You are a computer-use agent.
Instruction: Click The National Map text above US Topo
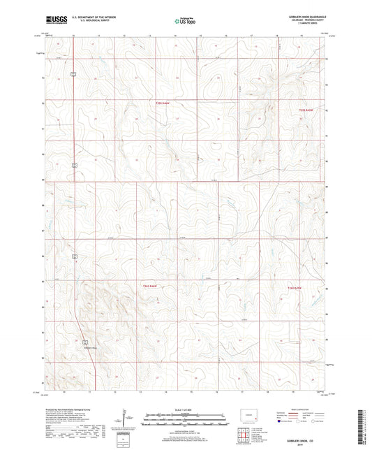[x=185, y=17]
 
